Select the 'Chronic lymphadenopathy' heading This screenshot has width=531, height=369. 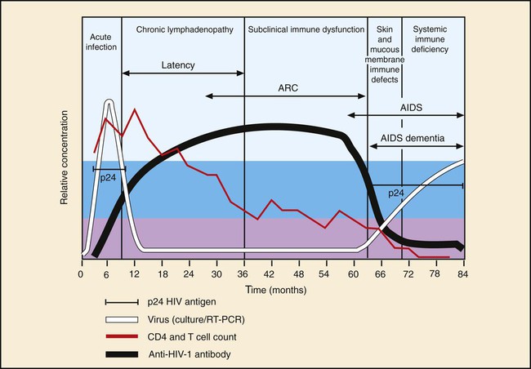point(183,29)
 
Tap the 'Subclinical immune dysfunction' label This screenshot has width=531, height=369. point(306,29)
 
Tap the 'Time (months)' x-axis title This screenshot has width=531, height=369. point(274,289)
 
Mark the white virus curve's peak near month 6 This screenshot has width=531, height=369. point(107,101)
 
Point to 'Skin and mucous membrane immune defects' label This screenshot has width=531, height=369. point(384,51)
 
